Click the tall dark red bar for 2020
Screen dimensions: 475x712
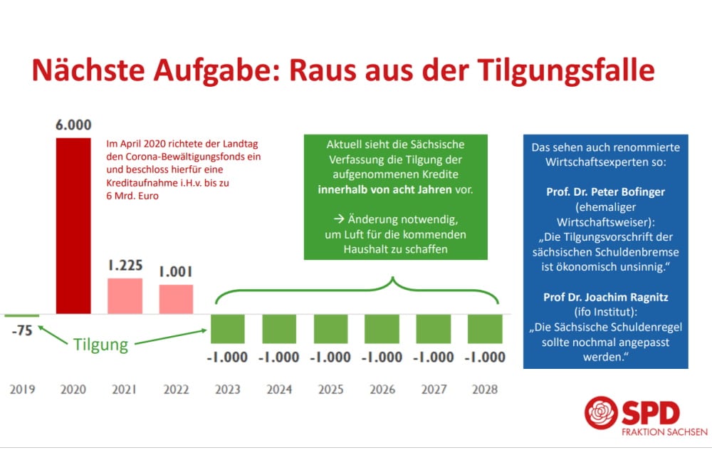(73, 225)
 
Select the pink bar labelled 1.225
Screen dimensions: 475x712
(125, 296)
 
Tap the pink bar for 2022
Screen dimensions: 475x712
(176, 299)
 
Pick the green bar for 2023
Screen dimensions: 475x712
(228, 329)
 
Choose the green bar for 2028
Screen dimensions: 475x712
(485, 329)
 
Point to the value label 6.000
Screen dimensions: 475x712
(73, 125)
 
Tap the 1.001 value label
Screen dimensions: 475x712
(176, 272)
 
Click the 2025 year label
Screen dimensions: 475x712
(330, 390)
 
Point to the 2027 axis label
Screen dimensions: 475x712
(434, 390)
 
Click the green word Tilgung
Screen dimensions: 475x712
(100, 345)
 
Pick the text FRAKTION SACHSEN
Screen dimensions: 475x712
(664, 432)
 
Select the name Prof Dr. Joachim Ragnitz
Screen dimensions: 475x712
(605, 297)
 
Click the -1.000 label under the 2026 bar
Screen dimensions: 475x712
(382, 357)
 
